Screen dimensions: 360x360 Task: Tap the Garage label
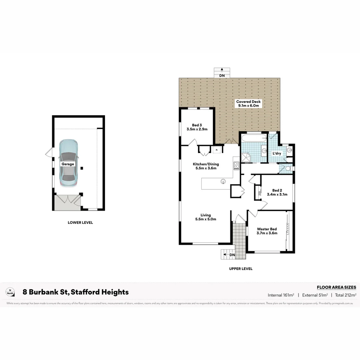(x=67, y=164)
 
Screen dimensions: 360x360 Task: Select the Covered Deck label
(x=248, y=104)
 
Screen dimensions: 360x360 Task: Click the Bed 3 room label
(x=197, y=127)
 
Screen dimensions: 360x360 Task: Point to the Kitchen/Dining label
(x=205, y=166)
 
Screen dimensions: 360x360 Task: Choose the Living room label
(x=205, y=217)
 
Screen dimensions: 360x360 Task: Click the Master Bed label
(x=267, y=231)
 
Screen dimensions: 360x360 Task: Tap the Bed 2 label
(x=277, y=192)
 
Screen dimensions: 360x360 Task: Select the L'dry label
(x=277, y=154)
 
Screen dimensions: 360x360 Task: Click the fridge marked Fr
(x=217, y=150)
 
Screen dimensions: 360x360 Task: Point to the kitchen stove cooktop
(x=236, y=166)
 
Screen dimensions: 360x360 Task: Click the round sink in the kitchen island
(x=224, y=182)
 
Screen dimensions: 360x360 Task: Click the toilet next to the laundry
(x=289, y=169)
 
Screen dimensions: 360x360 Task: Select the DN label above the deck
(x=222, y=76)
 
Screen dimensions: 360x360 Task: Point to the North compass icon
(x=10, y=292)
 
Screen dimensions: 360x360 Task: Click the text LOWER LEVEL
(x=80, y=223)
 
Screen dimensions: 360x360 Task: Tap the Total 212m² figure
(x=346, y=295)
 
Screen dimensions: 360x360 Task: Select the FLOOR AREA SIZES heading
(x=336, y=287)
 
